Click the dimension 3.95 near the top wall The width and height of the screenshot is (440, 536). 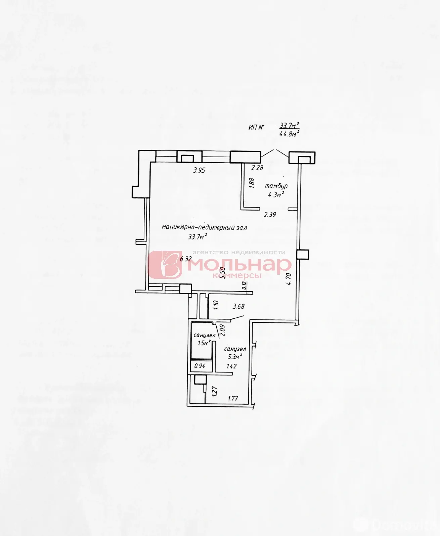(199, 170)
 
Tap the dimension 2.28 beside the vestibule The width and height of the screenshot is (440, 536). (257, 168)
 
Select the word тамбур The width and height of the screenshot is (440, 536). (276, 186)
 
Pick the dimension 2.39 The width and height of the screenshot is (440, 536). (270, 215)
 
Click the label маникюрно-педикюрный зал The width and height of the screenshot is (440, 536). (204, 228)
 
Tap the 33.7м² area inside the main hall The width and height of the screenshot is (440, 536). (197, 237)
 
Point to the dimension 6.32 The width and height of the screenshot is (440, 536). (186, 259)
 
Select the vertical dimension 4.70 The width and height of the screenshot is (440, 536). (289, 279)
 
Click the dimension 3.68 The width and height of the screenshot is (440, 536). (238, 306)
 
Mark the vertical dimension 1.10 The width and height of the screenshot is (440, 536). (216, 305)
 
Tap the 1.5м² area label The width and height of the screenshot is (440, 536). (204, 343)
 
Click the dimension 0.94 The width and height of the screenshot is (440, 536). (200, 366)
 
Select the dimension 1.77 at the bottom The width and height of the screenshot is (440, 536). (233, 398)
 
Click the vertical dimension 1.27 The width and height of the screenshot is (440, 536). (215, 391)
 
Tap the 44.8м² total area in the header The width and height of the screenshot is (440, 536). (289, 134)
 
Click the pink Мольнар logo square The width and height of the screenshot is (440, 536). (165, 265)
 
